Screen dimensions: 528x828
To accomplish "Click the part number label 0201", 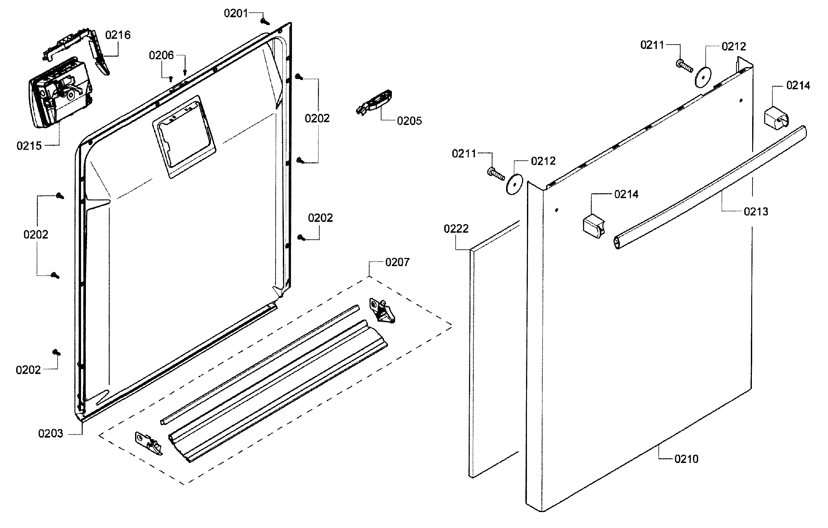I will (236, 13).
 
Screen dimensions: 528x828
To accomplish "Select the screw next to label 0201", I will (265, 22).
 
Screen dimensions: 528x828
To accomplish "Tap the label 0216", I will (117, 35).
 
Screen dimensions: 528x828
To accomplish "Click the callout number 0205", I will (409, 121).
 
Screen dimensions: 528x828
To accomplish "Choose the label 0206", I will (161, 55).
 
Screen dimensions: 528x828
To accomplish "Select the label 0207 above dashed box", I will (397, 262).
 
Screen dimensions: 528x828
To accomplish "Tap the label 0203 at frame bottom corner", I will (50, 433).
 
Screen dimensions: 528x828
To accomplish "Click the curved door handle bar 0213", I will (708, 187).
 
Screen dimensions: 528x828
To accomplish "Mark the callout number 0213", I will (756, 212).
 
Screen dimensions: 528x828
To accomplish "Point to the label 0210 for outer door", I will (686, 459).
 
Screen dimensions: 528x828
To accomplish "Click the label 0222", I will (456, 229).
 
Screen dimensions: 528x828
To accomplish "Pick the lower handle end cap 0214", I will (593, 225).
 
